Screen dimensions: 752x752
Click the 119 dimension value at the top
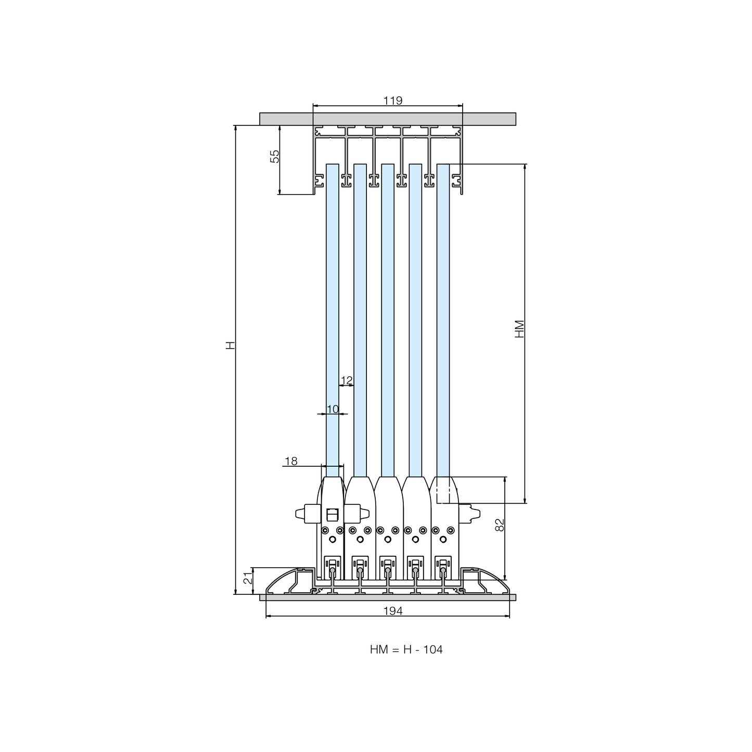[392, 100]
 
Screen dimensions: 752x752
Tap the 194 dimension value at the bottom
[392, 611]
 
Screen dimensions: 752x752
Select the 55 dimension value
[275, 156]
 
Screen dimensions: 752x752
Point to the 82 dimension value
[500, 525]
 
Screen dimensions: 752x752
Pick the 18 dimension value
[291, 461]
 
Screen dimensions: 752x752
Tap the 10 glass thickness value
[333, 409]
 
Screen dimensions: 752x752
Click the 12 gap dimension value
[347, 380]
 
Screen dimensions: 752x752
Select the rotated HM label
[519, 329]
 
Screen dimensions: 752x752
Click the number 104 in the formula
[433, 649]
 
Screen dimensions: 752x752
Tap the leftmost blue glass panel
[333, 320]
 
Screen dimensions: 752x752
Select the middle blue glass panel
[388, 320]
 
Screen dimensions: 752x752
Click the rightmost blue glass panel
[443, 320]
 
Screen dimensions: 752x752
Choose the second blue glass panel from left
[360, 320]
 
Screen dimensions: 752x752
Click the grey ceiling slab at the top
[388, 119]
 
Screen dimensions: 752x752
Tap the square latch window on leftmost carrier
[332, 515]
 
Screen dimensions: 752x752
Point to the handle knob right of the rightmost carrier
[469, 514]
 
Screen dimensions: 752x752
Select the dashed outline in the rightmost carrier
[443, 491]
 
